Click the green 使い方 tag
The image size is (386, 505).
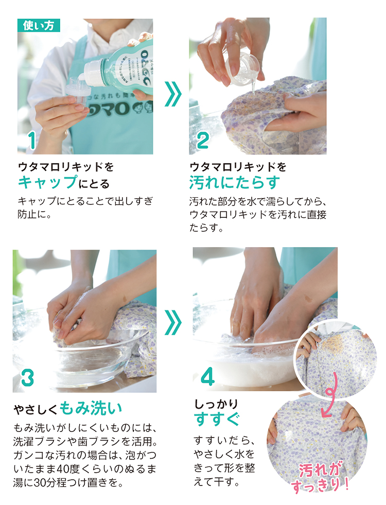tap(39, 25)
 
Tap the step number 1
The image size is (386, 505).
tap(32, 141)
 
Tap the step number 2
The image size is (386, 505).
tap(202, 141)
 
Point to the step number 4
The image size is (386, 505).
tap(207, 378)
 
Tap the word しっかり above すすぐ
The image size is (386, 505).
tap(216, 403)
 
